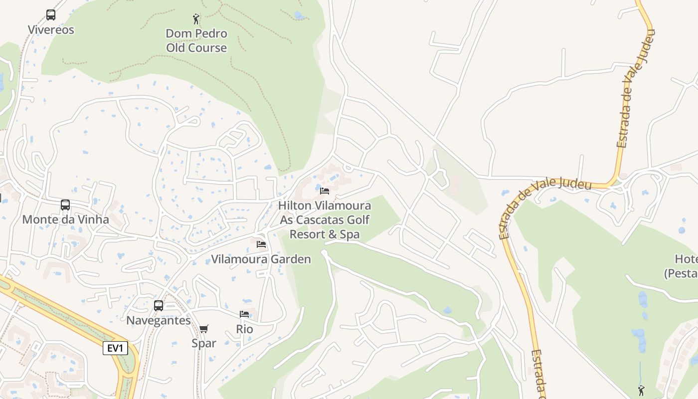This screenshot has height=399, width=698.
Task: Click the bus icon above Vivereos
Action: (x=51, y=15)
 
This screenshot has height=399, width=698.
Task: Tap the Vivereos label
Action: (x=51, y=30)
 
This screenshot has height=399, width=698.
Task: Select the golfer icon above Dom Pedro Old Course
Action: (x=196, y=19)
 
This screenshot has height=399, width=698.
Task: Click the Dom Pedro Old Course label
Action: (x=196, y=41)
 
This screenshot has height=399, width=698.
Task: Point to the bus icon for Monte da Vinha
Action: (x=65, y=204)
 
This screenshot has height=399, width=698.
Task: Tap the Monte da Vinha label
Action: (x=65, y=219)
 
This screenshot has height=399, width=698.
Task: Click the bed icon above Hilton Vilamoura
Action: (x=325, y=191)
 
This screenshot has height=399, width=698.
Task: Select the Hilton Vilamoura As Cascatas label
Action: (x=325, y=220)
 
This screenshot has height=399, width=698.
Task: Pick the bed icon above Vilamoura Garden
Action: (x=261, y=244)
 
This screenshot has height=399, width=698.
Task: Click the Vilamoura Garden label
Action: (x=261, y=259)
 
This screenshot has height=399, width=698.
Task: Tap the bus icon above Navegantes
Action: (x=159, y=306)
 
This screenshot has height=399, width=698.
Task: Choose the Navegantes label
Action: (x=159, y=320)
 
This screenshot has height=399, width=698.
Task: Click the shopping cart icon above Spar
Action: (x=203, y=329)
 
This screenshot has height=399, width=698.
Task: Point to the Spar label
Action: (x=204, y=343)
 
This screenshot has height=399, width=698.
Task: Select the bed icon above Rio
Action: (x=244, y=314)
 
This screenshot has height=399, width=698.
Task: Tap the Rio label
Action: (x=244, y=329)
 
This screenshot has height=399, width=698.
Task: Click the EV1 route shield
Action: (x=115, y=348)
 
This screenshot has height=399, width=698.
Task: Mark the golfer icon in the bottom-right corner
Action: (x=641, y=390)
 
